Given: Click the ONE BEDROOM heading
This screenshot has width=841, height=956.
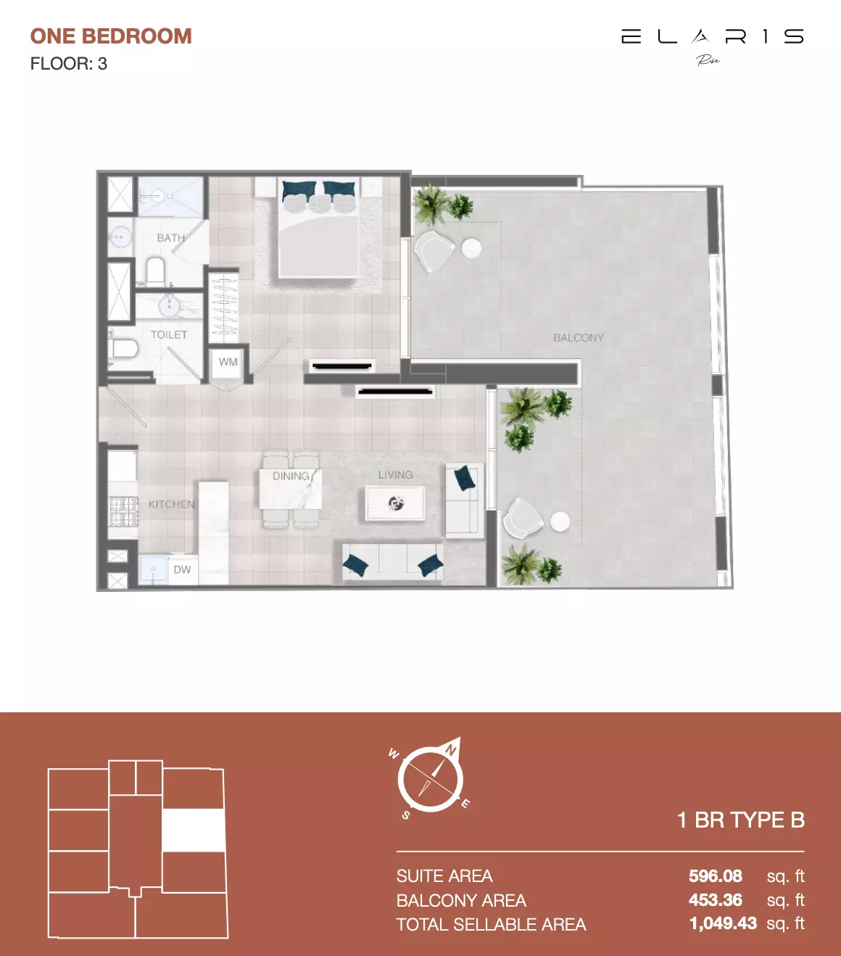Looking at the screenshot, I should tap(111, 36).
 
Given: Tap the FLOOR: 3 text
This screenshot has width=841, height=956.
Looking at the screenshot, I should tap(69, 64).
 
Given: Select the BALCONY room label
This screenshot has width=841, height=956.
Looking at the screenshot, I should tap(578, 337).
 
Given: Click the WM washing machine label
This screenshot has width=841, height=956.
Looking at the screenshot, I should tap(228, 362).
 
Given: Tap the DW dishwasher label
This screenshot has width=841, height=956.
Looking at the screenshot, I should tap(182, 569).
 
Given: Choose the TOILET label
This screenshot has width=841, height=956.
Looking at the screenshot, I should tap(169, 334).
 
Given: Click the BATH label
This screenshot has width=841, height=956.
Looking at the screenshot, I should tap(170, 238).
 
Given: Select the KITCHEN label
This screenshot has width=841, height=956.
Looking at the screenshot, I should tap(171, 504).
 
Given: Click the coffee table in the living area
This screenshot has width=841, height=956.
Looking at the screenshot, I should tap(395, 503).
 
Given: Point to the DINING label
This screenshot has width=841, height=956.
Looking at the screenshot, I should tap(291, 477).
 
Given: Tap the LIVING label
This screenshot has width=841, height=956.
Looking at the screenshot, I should tap(395, 475).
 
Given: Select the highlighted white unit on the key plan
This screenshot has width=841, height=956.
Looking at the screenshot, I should tap(193, 830).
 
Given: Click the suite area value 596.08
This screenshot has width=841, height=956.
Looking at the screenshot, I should tap(716, 876).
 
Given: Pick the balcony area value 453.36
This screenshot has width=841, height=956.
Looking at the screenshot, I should tap(716, 900).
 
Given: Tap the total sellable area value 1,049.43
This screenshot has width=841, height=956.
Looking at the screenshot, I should tap(723, 923).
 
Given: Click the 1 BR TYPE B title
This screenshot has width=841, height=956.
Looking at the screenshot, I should tap(740, 820).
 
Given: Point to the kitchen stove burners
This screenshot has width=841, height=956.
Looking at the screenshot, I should tap(123, 510).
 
